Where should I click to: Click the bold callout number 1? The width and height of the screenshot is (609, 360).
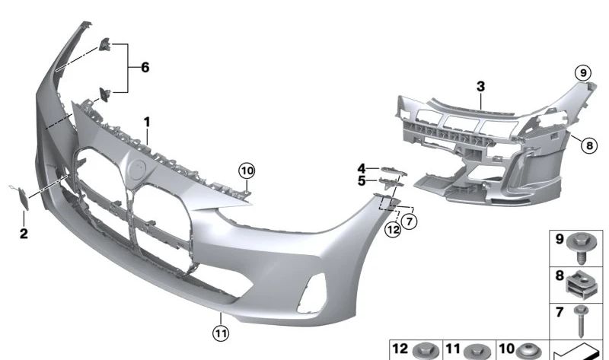coord(147,122)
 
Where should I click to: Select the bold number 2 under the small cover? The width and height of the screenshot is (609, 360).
coord(24,234)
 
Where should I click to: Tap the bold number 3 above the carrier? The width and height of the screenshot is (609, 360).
coord(480,87)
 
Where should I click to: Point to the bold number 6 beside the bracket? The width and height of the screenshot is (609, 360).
coord(144,68)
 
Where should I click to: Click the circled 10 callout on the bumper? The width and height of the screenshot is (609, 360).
coord(247,170)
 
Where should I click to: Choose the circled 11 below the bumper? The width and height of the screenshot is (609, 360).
coord(221,332)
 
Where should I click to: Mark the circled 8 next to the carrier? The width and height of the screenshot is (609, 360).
coord(588,142)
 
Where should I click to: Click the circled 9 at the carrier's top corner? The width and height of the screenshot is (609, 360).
coord(582,73)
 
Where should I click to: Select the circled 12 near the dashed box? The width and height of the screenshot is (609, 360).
coord(392,228)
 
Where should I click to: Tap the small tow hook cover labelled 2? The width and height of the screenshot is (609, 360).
coord(25,199)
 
